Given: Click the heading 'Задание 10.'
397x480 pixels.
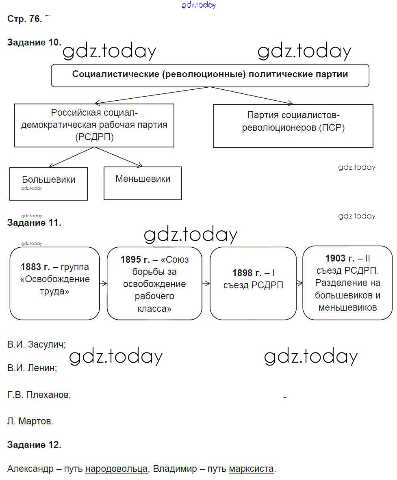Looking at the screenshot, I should point(34,43).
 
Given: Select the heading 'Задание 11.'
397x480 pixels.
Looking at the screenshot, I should point(34,223).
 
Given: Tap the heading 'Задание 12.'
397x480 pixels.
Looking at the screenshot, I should point(34,445).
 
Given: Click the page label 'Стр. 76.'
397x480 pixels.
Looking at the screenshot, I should point(24,19).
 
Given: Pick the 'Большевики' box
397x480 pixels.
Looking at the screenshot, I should point(48,183).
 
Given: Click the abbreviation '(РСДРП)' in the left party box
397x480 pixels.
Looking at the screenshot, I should point(94,137).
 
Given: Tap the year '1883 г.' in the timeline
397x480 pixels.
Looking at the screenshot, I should point(35,267).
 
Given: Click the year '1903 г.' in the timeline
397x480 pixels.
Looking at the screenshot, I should point(340,259).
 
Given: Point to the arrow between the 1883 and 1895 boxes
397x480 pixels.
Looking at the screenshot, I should point(103,283).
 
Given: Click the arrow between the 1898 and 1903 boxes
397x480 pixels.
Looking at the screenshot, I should point(299,283).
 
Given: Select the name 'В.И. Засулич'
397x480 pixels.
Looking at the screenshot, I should point(36,344).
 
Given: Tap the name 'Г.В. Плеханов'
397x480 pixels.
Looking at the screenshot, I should point(39,394).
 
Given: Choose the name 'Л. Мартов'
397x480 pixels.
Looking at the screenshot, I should point(30,421).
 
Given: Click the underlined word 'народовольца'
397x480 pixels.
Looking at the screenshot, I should point(116,469).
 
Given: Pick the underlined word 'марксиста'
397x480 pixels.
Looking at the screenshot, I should point(251,469).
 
